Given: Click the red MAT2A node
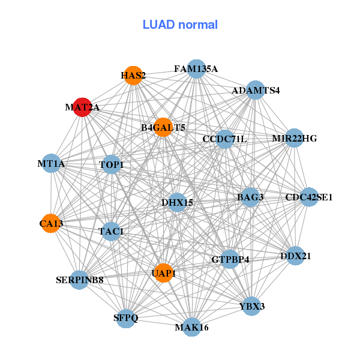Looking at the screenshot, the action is click(x=82, y=107).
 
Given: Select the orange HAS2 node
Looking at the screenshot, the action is click(x=133, y=76).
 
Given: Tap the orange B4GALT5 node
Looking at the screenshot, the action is click(x=163, y=127).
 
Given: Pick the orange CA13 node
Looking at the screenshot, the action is click(x=51, y=223).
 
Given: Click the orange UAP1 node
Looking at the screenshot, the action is click(x=163, y=273).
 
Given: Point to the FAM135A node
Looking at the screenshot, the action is click(x=196, y=69).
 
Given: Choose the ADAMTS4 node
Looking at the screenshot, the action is click(x=256, y=90).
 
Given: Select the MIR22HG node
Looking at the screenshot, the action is click(x=295, y=138).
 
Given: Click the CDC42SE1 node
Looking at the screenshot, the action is click(x=309, y=197).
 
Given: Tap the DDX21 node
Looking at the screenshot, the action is click(x=295, y=256).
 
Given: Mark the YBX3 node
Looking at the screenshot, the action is click(x=251, y=306).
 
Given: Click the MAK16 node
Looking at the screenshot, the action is click(x=191, y=327).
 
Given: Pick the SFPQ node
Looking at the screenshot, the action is click(x=126, y=319).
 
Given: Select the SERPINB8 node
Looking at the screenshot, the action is click(x=79, y=280).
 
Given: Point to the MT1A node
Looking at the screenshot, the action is click(x=51, y=163).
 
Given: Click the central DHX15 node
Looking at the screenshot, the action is click(x=177, y=203).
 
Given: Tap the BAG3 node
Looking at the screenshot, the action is click(x=250, y=197).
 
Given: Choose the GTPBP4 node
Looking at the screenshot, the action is click(x=230, y=259).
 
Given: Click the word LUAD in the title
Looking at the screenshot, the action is click(x=159, y=25).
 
